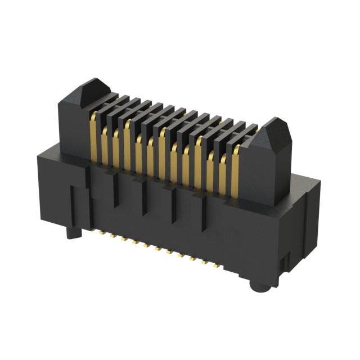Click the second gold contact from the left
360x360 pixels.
(105, 143)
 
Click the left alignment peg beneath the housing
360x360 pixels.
(71, 231)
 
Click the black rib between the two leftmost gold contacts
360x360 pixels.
(100, 138)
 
